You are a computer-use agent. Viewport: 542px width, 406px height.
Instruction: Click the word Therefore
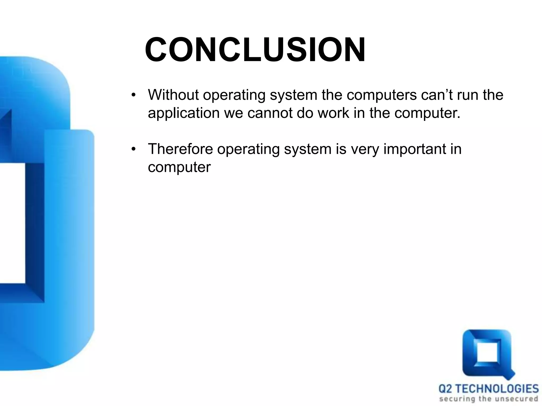[x=180, y=149]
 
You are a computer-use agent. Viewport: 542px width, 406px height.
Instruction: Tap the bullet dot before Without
[x=133, y=95]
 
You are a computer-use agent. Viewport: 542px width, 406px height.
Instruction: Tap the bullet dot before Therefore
[x=133, y=149]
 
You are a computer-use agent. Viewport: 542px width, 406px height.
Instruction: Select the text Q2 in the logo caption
[x=445, y=389]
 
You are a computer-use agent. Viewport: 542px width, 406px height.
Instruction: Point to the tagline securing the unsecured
[x=489, y=399]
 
